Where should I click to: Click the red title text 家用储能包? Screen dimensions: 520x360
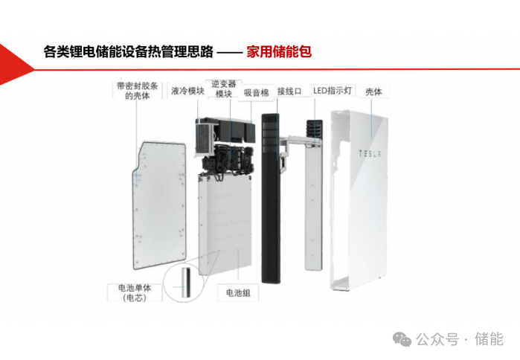point(279,52)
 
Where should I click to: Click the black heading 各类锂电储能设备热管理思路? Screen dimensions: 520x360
point(129,52)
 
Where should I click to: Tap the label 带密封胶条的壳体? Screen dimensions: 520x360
point(138,91)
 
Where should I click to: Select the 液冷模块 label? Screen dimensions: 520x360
point(187,91)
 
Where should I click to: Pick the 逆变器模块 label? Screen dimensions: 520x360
point(224,89)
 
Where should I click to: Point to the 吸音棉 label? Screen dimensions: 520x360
point(257,93)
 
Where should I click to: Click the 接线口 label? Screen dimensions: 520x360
point(289,91)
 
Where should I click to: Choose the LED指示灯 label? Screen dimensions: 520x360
point(333,90)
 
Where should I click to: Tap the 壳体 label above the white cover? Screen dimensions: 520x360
point(373,91)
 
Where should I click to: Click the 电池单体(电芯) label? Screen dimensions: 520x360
point(135,293)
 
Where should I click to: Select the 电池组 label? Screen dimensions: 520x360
point(238,293)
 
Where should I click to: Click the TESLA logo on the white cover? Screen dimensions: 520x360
point(370,153)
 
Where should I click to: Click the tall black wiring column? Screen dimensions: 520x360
point(271,199)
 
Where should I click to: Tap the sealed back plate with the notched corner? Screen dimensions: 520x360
point(159,205)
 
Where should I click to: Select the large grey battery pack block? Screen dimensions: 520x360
point(225,225)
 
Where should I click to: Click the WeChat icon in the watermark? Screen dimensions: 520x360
point(402,339)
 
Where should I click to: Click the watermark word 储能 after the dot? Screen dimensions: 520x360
point(489,339)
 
